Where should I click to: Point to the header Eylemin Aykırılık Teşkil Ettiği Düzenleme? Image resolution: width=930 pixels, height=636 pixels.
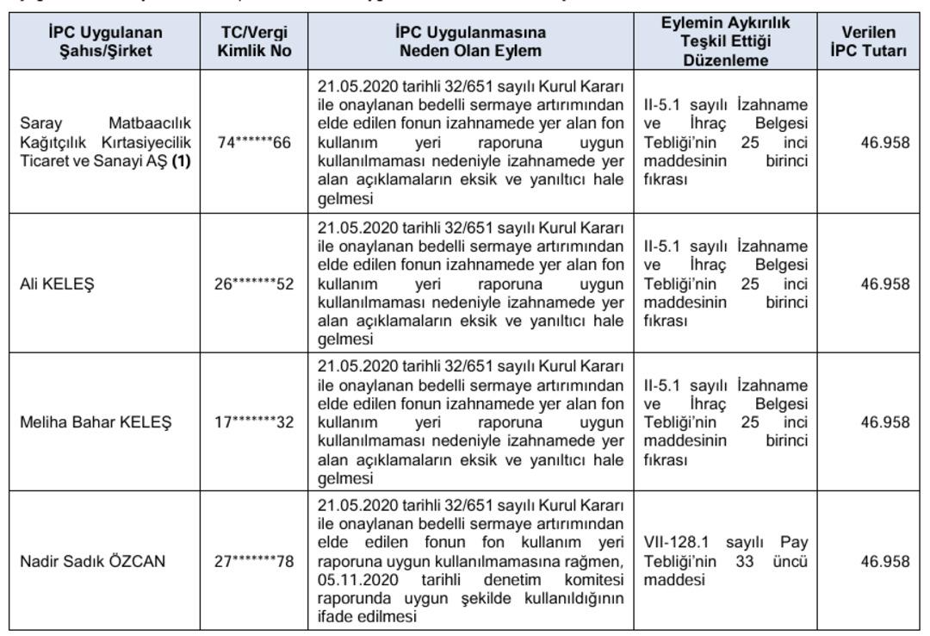(x=725, y=41)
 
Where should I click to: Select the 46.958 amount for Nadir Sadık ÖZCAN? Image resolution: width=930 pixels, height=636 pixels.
(x=884, y=562)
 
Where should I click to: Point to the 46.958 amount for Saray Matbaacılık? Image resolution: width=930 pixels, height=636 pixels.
(x=884, y=142)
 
